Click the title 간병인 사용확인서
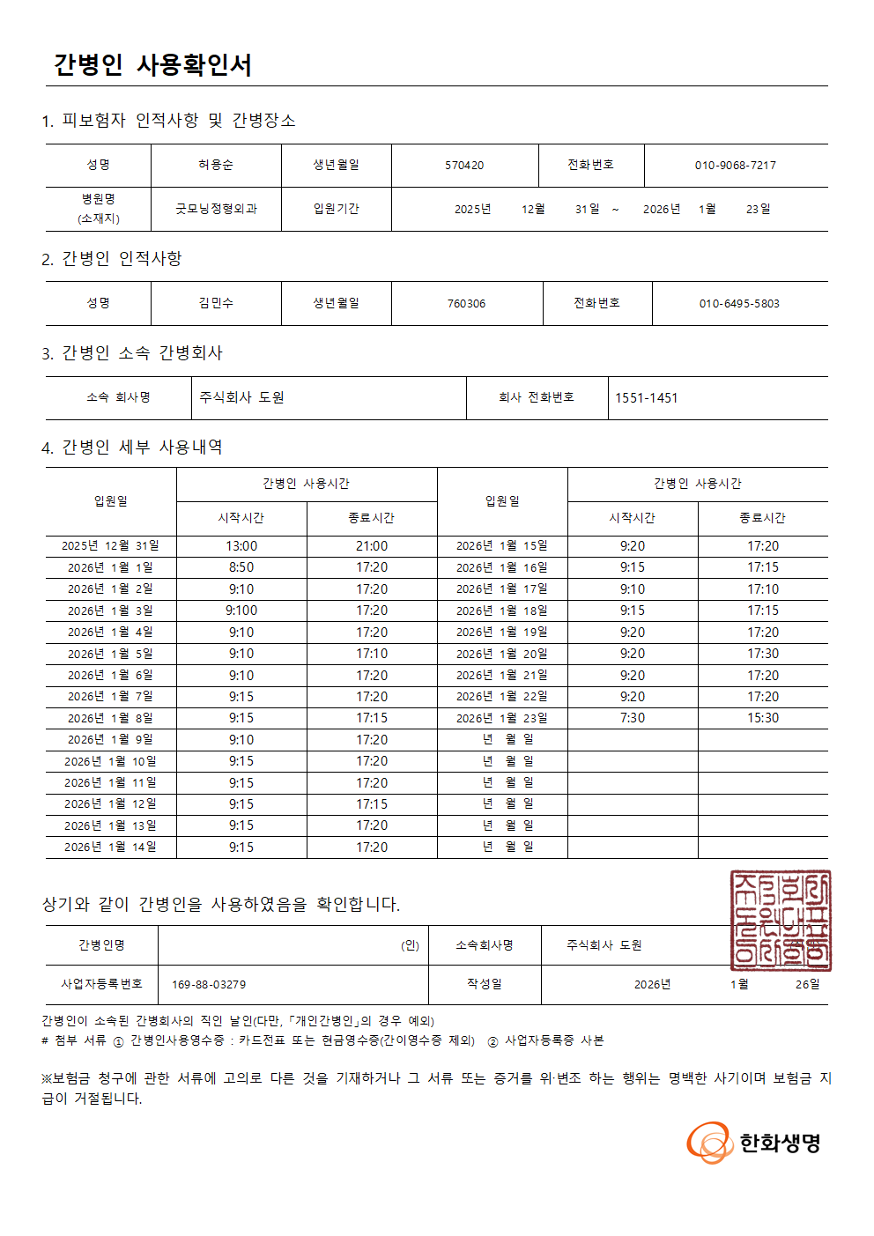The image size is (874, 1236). [152, 65]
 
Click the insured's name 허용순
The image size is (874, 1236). [216, 165]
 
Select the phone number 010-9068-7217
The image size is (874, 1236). [735, 165]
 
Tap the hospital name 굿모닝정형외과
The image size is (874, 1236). [216, 209]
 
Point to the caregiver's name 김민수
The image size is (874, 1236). [216, 303]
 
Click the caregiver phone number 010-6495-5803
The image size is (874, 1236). [739, 303]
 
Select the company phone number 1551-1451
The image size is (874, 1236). [647, 398]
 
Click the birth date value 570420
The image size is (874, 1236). [464, 165]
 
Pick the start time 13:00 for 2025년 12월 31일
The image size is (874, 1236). [241, 546]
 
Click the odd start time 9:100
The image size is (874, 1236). [241, 611]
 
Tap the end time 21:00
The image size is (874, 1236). [372, 546]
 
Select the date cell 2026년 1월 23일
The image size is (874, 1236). [501, 718]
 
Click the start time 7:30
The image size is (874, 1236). [633, 718]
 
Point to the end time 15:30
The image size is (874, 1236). [763, 718]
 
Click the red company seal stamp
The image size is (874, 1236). [780, 920]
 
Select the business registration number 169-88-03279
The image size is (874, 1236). [209, 984]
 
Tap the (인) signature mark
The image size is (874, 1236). [410, 945]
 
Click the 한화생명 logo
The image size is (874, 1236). [754, 1143]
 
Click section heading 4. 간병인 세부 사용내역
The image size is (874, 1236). [132, 448]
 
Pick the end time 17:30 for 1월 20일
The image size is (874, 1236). [763, 654]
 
